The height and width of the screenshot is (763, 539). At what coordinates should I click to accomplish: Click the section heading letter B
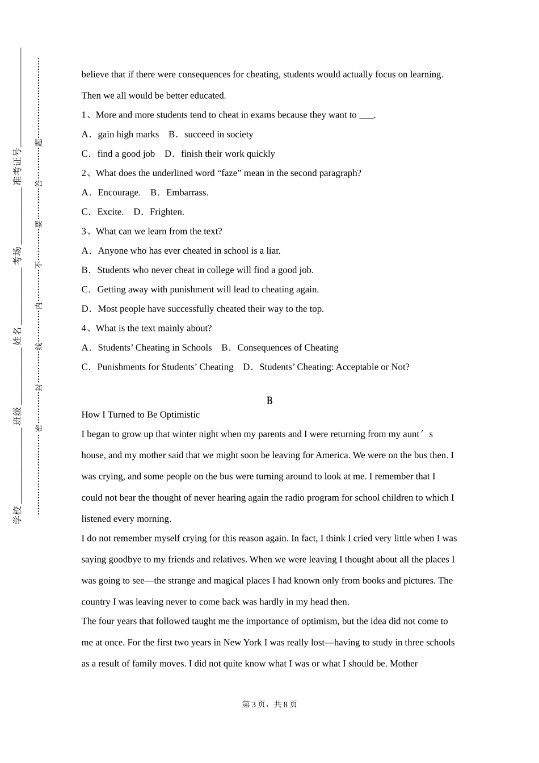pos(269,401)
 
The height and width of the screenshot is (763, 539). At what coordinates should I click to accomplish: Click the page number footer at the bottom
pos(269,704)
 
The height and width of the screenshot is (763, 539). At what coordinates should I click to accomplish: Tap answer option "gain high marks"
pos(128,135)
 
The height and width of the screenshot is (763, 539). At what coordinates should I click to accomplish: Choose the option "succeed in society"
pos(218,135)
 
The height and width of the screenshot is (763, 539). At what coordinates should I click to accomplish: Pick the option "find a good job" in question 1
pos(126,154)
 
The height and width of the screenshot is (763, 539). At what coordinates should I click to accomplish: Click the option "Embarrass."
pos(187,192)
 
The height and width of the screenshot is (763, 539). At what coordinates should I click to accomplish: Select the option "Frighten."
pos(167,212)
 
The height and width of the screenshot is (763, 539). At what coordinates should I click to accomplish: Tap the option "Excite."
pos(110,212)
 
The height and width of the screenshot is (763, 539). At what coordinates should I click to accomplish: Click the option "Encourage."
pos(119,192)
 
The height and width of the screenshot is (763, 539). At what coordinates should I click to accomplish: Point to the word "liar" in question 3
pos(272,251)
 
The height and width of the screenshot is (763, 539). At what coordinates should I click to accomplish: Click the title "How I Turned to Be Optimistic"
pos(140,414)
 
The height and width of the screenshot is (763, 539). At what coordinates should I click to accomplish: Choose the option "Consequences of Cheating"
pos(288,347)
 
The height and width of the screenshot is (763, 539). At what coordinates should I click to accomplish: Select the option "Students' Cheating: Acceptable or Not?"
pos(334,367)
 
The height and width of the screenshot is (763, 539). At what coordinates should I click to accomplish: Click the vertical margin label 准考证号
pos(17,166)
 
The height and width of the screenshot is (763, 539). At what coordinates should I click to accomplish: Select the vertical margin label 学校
pos(17,514)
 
